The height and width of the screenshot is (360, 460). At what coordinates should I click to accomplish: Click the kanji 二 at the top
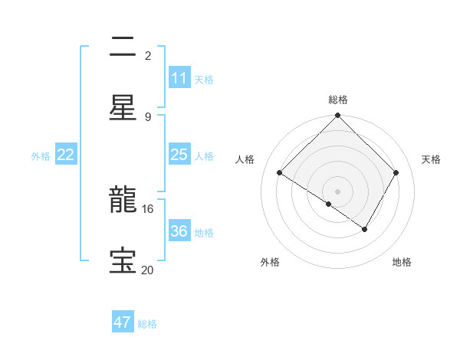123,47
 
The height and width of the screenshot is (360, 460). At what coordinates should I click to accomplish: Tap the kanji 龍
123,201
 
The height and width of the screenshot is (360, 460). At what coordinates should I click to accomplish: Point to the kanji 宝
123,261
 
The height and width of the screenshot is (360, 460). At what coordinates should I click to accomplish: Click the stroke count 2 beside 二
148,55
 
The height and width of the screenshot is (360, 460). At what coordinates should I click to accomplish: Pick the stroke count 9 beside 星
148,116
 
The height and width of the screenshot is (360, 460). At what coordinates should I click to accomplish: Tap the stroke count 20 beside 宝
148,270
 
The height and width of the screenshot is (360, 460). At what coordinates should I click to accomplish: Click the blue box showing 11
179,78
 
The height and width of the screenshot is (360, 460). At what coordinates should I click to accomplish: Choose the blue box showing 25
179,155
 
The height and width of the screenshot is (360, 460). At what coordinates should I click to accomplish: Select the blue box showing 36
179,231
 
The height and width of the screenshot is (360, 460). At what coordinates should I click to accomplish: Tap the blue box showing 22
66,155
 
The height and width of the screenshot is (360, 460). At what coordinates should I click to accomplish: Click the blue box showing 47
123,322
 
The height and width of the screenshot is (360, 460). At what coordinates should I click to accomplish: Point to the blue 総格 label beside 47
148,324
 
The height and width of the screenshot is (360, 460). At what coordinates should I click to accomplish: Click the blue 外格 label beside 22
41,156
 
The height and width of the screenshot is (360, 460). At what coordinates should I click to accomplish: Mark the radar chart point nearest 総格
337,116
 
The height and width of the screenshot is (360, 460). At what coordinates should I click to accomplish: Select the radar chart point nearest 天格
396,173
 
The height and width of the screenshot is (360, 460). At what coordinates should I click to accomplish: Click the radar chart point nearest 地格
365,229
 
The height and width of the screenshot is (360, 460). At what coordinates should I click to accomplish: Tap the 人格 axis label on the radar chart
245,159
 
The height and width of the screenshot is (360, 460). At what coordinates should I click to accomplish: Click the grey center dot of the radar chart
337,191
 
